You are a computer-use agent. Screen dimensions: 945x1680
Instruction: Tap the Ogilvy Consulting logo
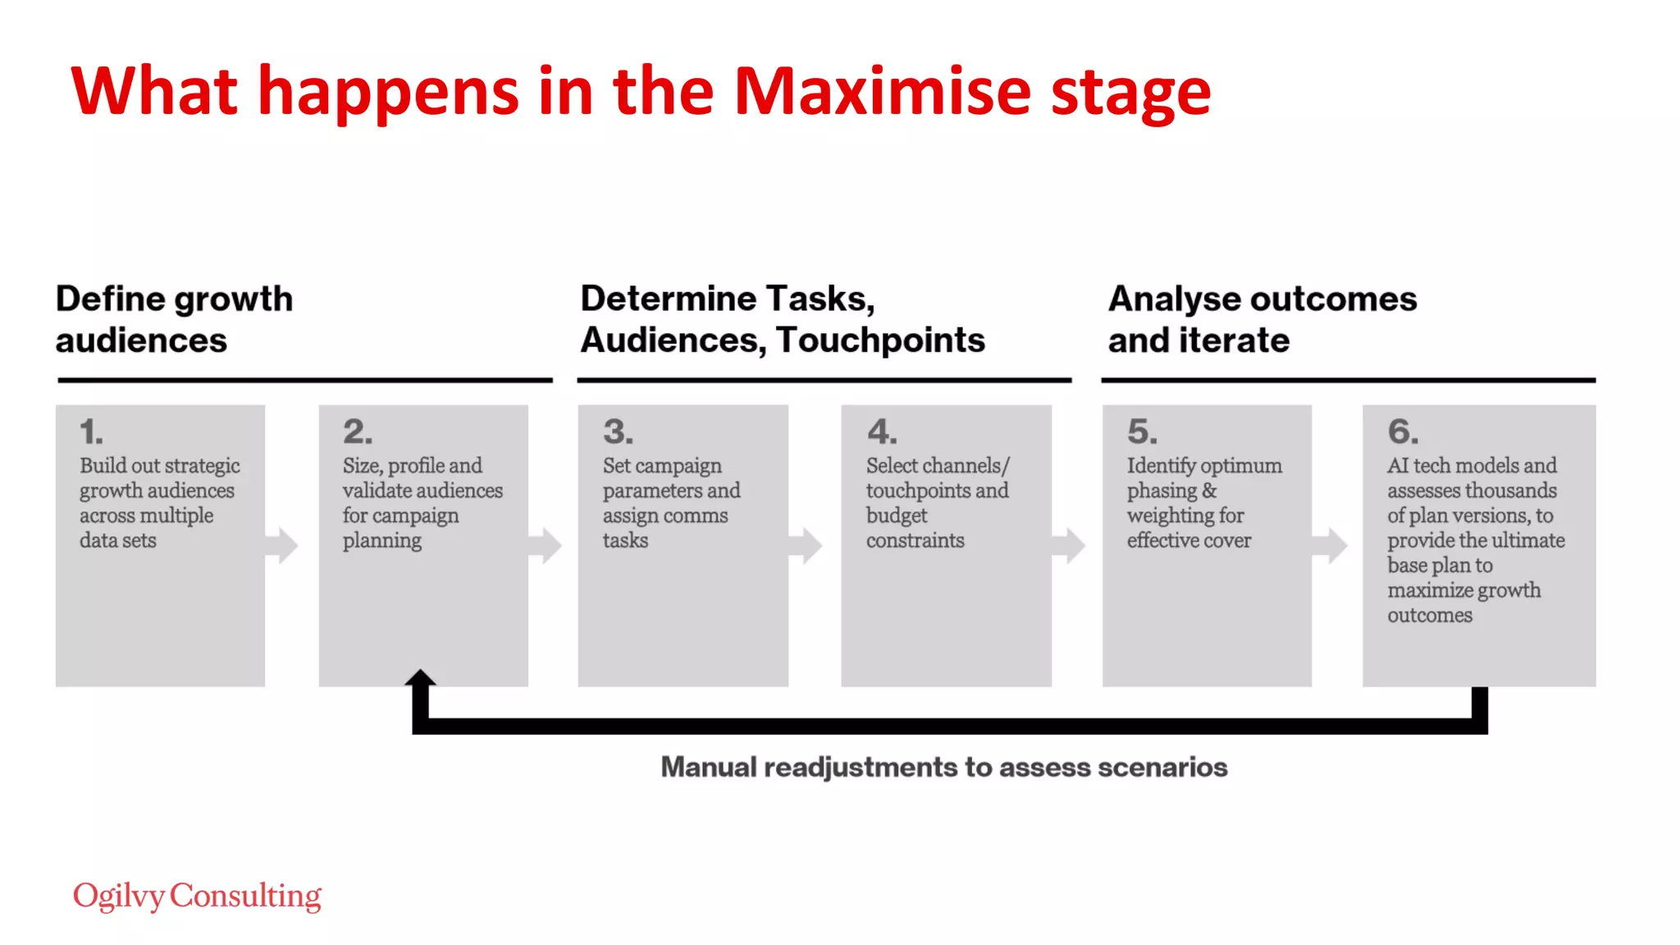pos(197,896)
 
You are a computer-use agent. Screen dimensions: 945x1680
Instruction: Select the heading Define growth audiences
pos(174,319)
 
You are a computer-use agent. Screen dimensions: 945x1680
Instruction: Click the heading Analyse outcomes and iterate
pos(1262,319)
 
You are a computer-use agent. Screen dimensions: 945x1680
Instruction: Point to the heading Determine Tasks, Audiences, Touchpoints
pos(782,319)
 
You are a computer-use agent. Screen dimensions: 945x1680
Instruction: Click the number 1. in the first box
pos(91,431)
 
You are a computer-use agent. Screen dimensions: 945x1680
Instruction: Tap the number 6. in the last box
pos(1402,431)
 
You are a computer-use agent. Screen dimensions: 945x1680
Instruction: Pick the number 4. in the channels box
pos(882,431)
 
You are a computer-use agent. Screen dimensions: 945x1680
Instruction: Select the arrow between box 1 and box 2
pos(282,546)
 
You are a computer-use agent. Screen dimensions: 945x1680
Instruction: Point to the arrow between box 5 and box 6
pos(1331,546)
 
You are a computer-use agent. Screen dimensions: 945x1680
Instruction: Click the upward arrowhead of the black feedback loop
pos(420,678)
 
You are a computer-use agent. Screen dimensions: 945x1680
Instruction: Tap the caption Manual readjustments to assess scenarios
pos(943,767)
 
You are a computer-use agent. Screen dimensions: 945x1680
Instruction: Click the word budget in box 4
pos(896,515)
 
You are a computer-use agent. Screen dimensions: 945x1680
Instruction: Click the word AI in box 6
pos(1398,465)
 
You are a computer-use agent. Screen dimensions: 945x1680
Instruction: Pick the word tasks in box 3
pos(625,540)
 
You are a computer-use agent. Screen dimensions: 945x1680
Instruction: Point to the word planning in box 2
pos(381,541)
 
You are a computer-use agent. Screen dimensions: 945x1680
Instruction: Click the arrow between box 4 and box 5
pos(1070,546)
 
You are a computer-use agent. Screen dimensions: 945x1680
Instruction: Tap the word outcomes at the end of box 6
pos(1429,614)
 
